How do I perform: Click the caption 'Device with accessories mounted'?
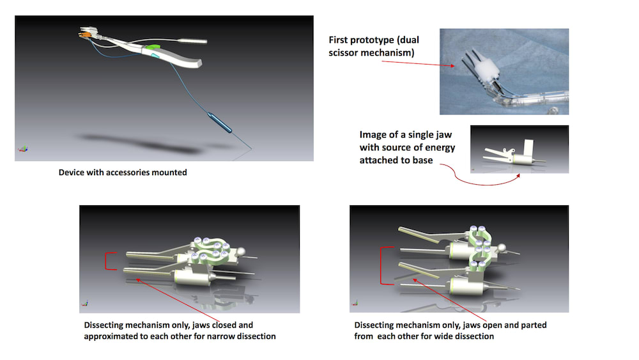tap(123, 173)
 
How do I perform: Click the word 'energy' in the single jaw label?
tap(440, 148)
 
